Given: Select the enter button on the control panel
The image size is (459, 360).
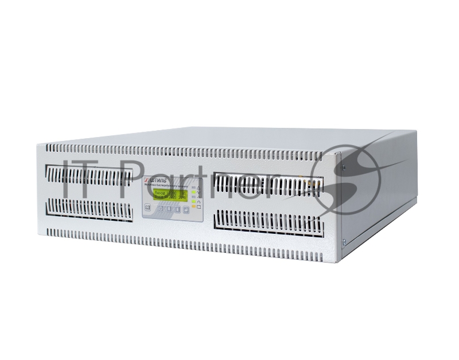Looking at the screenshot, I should [186, 209].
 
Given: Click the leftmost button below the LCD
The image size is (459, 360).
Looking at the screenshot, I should [147, 208].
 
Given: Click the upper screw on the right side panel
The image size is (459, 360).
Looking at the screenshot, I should [343, 167].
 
